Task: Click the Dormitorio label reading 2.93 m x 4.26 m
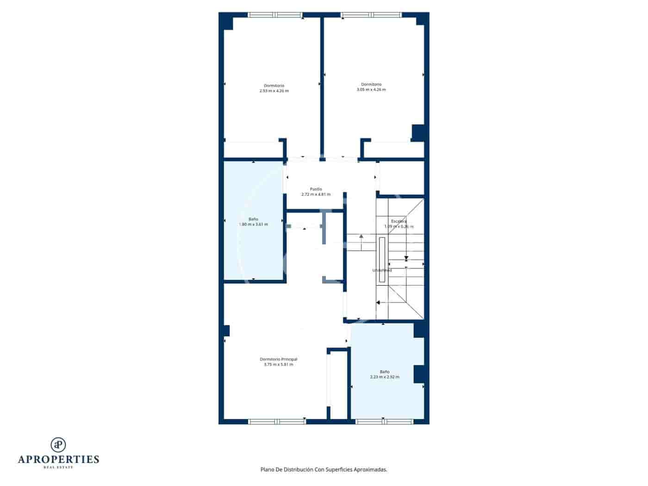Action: [274, 88]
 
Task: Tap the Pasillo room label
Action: [316, 192]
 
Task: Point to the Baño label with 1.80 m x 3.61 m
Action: [253, 222]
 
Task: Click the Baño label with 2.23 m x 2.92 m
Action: [385, 374]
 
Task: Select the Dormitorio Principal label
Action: [278, 362]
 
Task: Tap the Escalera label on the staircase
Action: [399, 221]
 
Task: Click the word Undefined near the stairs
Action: [382, 270]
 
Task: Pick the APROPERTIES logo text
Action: [58, 459]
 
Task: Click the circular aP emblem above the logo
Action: [58, 444]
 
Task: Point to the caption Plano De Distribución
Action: [324, 469]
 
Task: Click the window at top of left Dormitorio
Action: [275, 15]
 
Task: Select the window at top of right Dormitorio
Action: [371, 15]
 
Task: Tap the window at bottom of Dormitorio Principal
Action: [277, 421]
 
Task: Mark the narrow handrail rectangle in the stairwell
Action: [382, 259]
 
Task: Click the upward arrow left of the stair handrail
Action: [361, 237]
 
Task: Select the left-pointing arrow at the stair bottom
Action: [378, 303]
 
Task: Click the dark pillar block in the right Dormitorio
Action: [418, 132]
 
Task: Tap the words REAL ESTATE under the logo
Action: [58, 467]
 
